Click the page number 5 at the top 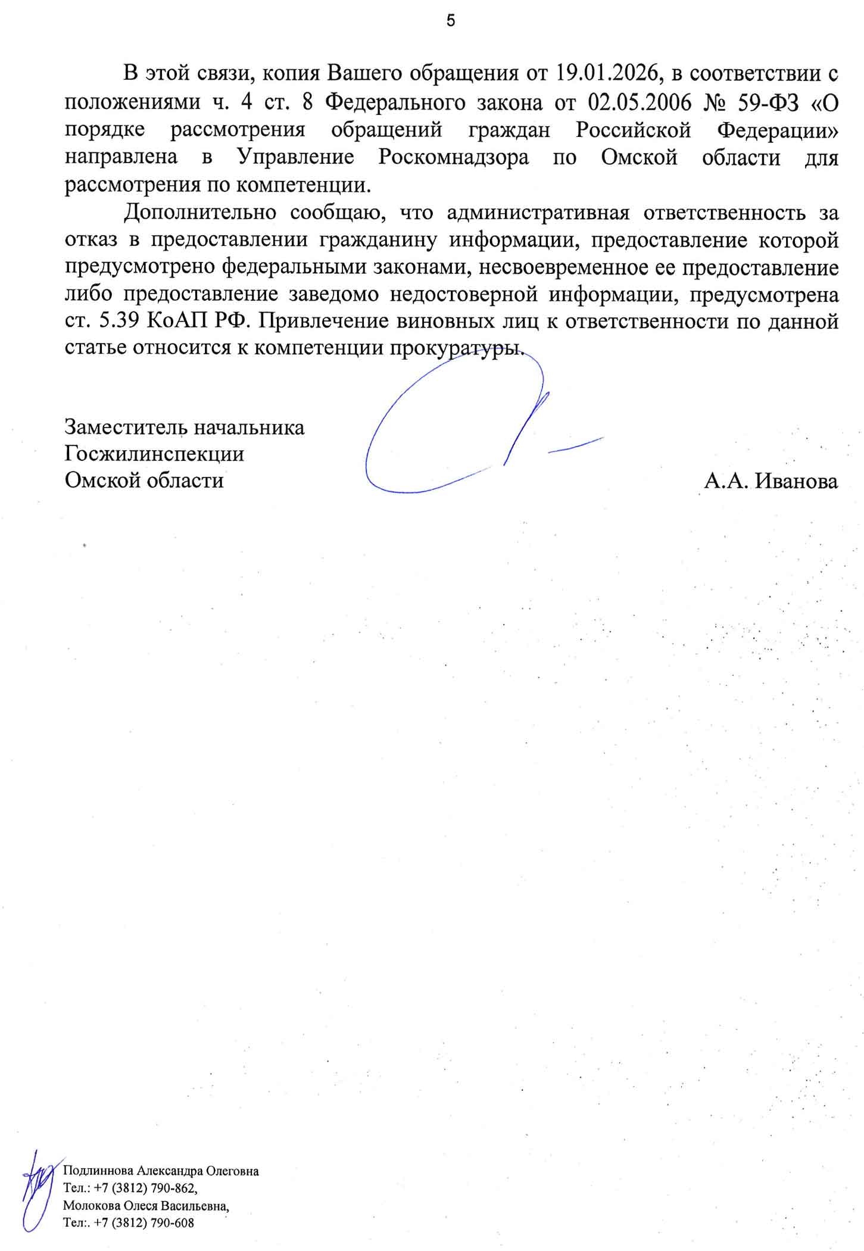coord(451,21)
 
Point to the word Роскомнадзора coord(454,157)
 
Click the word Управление coord(295,157)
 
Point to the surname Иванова coord(797,481)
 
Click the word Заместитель coord(126,427)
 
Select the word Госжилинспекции coord(154,454)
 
